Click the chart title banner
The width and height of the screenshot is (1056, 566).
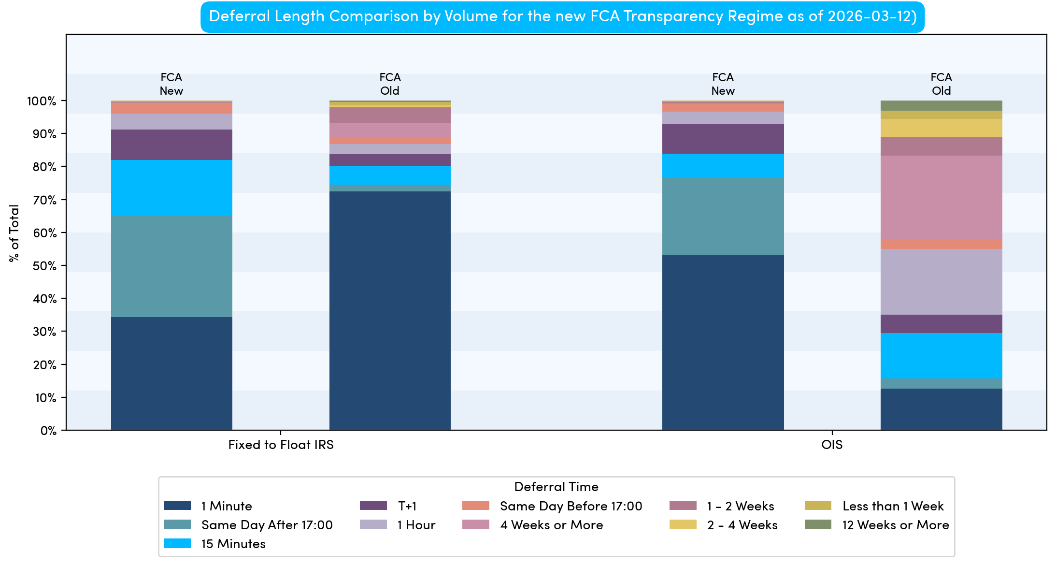[562, 16]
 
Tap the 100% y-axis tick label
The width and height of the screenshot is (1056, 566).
[42, 101]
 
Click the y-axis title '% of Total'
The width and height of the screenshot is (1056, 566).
[14, 233]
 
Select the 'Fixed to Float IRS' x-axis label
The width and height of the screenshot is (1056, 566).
[281, 445]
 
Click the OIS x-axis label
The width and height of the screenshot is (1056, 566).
[831, 445]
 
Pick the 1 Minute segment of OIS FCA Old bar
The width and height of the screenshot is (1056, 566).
[941, 409]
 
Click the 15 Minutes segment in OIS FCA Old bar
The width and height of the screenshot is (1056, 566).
[941, 356]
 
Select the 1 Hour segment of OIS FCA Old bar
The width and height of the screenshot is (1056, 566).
[941, 282]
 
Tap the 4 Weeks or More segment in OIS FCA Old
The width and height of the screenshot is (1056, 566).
[941, 198]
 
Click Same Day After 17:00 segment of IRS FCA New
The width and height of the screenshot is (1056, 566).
[171, 266]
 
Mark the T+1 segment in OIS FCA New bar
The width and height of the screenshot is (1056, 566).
[723, 139]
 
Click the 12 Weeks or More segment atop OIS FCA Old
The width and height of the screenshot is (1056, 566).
[941, 105]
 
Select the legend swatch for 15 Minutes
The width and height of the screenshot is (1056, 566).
[177, 543]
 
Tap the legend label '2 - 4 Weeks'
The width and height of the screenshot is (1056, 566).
[742, 525]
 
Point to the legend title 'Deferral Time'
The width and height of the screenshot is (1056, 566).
[556, 487]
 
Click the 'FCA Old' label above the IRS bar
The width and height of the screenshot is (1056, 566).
[390, 84]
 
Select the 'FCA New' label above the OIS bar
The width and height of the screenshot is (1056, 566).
[723, 84]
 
